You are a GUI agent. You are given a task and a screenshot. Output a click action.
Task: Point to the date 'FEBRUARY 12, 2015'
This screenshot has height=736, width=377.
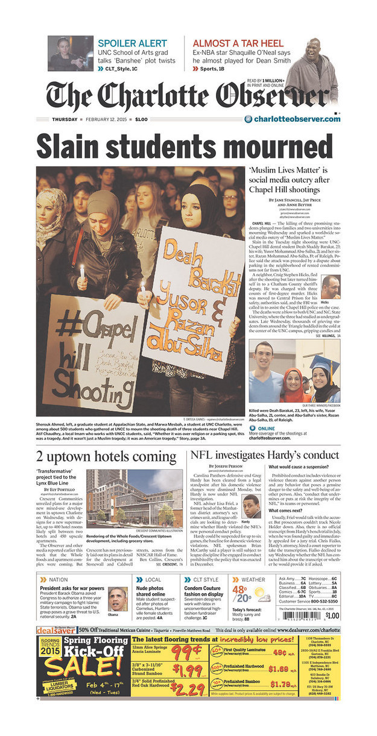(x=108, y=119)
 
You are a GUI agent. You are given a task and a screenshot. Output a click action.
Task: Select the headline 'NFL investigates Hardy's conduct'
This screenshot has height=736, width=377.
(x=264, y=455)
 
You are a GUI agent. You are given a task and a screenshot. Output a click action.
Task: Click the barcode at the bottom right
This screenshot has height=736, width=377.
(x=308, y=615)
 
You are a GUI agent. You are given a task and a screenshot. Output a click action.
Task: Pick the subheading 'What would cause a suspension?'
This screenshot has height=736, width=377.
(x=297, y=467)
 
